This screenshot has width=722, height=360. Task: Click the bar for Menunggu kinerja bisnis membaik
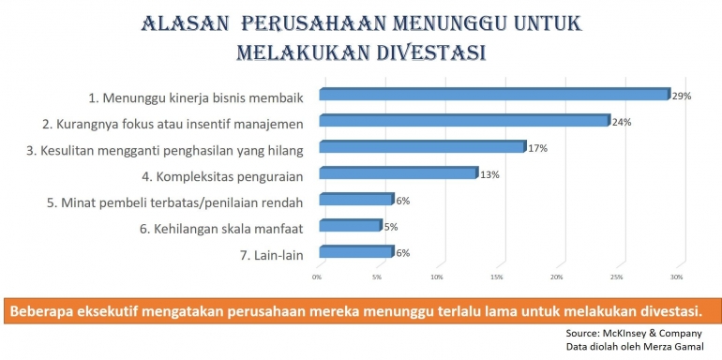click(x=494, y=94)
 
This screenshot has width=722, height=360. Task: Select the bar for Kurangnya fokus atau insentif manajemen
click(x=464, y=120)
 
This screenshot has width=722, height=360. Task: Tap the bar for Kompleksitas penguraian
click(x=399, y=172)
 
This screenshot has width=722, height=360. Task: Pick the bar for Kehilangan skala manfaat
click(x=350, y=225)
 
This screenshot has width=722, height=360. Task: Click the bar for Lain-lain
click(x=356, y=251)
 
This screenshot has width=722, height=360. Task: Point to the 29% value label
click(x=682, y=96)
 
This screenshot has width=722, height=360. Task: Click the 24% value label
click(x=622, y=122)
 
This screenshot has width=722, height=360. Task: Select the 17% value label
click(x=537, y=148)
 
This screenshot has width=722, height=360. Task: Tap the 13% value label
click(x=489, y=174)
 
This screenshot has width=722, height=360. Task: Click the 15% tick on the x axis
click(x=496, y=277)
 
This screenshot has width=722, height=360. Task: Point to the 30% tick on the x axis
click(x=676, y=277)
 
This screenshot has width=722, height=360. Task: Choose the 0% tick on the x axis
click(x=317, y=277)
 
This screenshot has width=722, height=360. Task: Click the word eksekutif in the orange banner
click(x=125, y=310)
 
